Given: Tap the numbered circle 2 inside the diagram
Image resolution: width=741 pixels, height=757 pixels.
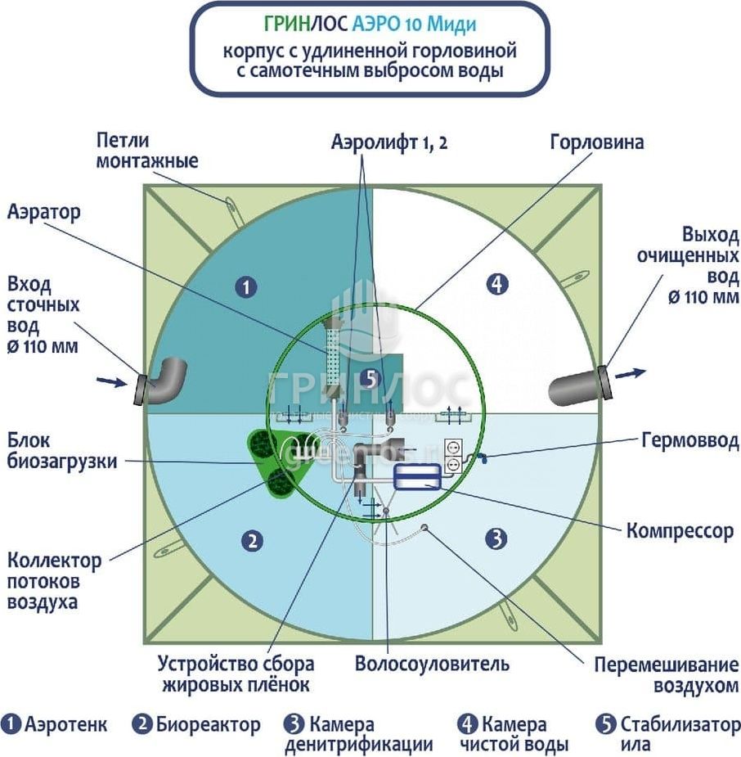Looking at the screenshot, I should click(254, 540).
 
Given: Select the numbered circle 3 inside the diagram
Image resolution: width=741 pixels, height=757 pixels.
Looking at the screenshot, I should click(496, 538).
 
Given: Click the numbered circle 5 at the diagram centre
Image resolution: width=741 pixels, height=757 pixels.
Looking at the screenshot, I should click(370, 379).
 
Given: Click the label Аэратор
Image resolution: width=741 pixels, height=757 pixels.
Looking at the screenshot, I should click(44, 213).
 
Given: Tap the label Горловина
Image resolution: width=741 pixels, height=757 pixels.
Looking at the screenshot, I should click(596, 142).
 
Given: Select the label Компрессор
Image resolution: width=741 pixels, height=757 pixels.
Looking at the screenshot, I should click(680, 531).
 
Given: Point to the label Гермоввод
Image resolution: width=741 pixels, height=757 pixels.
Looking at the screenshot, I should click(689, 441).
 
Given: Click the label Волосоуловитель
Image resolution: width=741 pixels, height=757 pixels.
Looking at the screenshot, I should click(432, 663).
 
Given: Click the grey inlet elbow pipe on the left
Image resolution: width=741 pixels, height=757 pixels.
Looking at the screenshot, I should click(164, 381).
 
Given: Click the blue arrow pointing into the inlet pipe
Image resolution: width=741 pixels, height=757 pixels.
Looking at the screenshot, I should click(109, 380).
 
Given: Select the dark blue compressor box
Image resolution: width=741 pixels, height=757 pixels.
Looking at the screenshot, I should click(417, 476).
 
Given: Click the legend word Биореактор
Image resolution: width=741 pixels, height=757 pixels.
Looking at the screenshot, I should click(208, 724).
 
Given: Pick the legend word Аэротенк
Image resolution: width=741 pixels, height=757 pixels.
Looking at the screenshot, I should click(65, 724).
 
